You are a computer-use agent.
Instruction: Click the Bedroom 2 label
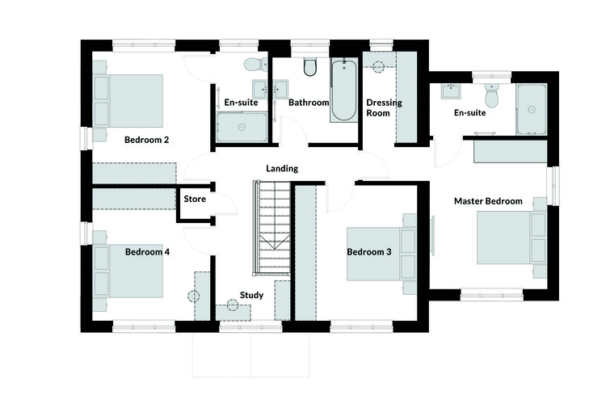click(146, 140)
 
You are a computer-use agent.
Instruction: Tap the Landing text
click(282, 169)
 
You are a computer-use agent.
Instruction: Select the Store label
click(195, 199)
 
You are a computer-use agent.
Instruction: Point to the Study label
click(251, 296)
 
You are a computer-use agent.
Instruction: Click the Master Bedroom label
click(488, 201)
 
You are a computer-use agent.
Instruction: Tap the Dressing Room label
click(384, 107)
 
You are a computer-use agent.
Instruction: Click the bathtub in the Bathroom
click(344, 90)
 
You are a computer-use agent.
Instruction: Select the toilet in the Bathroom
click(310, 67)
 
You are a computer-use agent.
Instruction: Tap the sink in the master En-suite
click(451, 91)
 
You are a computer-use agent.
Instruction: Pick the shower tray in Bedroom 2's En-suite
click(242, 127)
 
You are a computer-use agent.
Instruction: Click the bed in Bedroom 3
click(381, 254)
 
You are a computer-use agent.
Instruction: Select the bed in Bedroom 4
click(128, 271)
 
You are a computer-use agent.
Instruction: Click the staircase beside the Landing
click(271, 228)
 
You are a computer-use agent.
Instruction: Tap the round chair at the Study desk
click(232, 305)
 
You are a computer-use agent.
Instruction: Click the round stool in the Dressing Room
click(377, 66)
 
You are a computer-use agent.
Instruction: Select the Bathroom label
click(309, 103)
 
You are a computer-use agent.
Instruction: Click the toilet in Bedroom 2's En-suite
click(256, 64)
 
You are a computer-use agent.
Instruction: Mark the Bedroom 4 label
click(147, 252)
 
